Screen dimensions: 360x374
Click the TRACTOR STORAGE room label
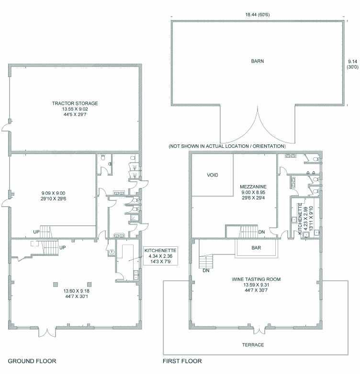[75, 103]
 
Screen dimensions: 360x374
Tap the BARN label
[258, 61]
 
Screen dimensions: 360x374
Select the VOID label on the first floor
[213, 175]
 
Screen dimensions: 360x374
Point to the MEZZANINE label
[253, 187]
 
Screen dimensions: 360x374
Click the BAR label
[256, 248]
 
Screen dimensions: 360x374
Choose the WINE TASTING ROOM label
[256, 279]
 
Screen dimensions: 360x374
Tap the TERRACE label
[253, 345]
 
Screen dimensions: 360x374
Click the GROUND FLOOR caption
[32, 361]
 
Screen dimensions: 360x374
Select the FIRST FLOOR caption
[182, 361]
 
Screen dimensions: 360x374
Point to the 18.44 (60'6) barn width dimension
[258, 14]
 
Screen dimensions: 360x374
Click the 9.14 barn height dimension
[352, 62]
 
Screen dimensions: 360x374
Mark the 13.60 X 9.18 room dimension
[77, 291]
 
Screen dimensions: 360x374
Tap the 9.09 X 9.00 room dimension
[53, 193]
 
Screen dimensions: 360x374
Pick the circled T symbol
[112, 252]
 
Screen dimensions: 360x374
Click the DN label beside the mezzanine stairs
[261, 232]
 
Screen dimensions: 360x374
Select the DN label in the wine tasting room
[206, 271]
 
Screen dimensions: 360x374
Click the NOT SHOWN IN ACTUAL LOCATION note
[227, 146]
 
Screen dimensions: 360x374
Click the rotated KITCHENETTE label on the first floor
[300, 219]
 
